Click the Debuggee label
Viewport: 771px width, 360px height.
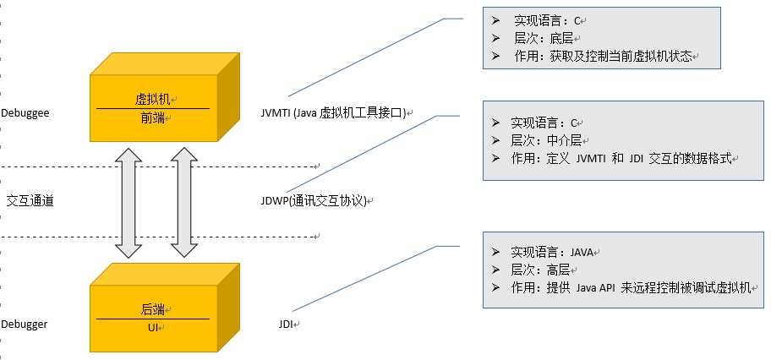(25, 112)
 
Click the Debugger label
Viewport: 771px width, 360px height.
(25, 324)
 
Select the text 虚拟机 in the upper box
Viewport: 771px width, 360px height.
(151, 99)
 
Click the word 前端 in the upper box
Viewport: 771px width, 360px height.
(152, 118)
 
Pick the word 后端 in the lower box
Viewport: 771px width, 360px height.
(152, 308)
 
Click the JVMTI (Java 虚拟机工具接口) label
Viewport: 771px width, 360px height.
(335, 112)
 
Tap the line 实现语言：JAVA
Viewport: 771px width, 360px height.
(553, 252)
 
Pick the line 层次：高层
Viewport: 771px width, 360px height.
(540, 270)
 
